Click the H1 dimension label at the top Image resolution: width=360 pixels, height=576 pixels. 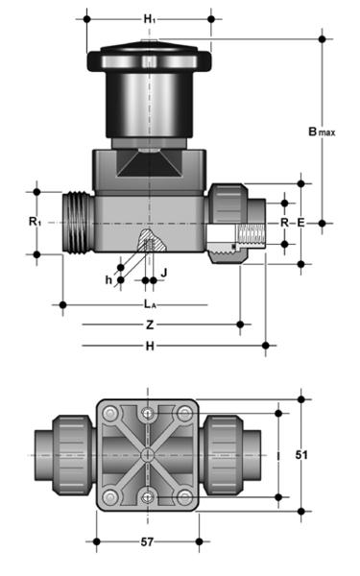[149, 19]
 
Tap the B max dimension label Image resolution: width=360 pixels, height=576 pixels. [322, 132]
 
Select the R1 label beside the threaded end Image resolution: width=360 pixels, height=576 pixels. [35, 222]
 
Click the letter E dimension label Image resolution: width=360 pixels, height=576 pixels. [300, 223]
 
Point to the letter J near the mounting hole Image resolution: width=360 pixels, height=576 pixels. [164, 273]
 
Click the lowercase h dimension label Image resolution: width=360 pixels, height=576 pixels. [108, 280]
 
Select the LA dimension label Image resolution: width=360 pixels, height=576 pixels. [150, 303]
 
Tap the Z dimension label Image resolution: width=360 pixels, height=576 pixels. [150, 324]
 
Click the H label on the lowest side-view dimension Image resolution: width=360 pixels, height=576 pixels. [150, 346]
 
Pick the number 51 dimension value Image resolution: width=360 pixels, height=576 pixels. [301, 455]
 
